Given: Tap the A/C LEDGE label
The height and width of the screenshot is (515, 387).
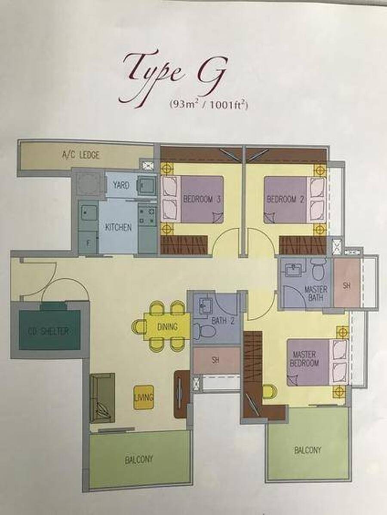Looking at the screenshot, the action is coord(80,155).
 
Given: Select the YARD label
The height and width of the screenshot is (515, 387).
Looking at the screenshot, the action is coord(121,185).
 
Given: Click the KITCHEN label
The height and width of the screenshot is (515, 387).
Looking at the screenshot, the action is coord(118,227).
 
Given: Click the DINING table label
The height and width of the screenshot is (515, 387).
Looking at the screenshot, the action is coord(167,326).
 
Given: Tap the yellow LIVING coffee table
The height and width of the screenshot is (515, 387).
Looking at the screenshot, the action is coord(144,397).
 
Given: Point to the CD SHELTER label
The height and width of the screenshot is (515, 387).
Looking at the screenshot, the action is coord(49,331).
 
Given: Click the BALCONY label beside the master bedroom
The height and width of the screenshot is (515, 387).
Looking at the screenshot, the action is coord(307,450).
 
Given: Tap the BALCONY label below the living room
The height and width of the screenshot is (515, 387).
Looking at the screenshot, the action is coord(139,459).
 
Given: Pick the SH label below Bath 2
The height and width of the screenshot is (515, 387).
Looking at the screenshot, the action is coord(215,360).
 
